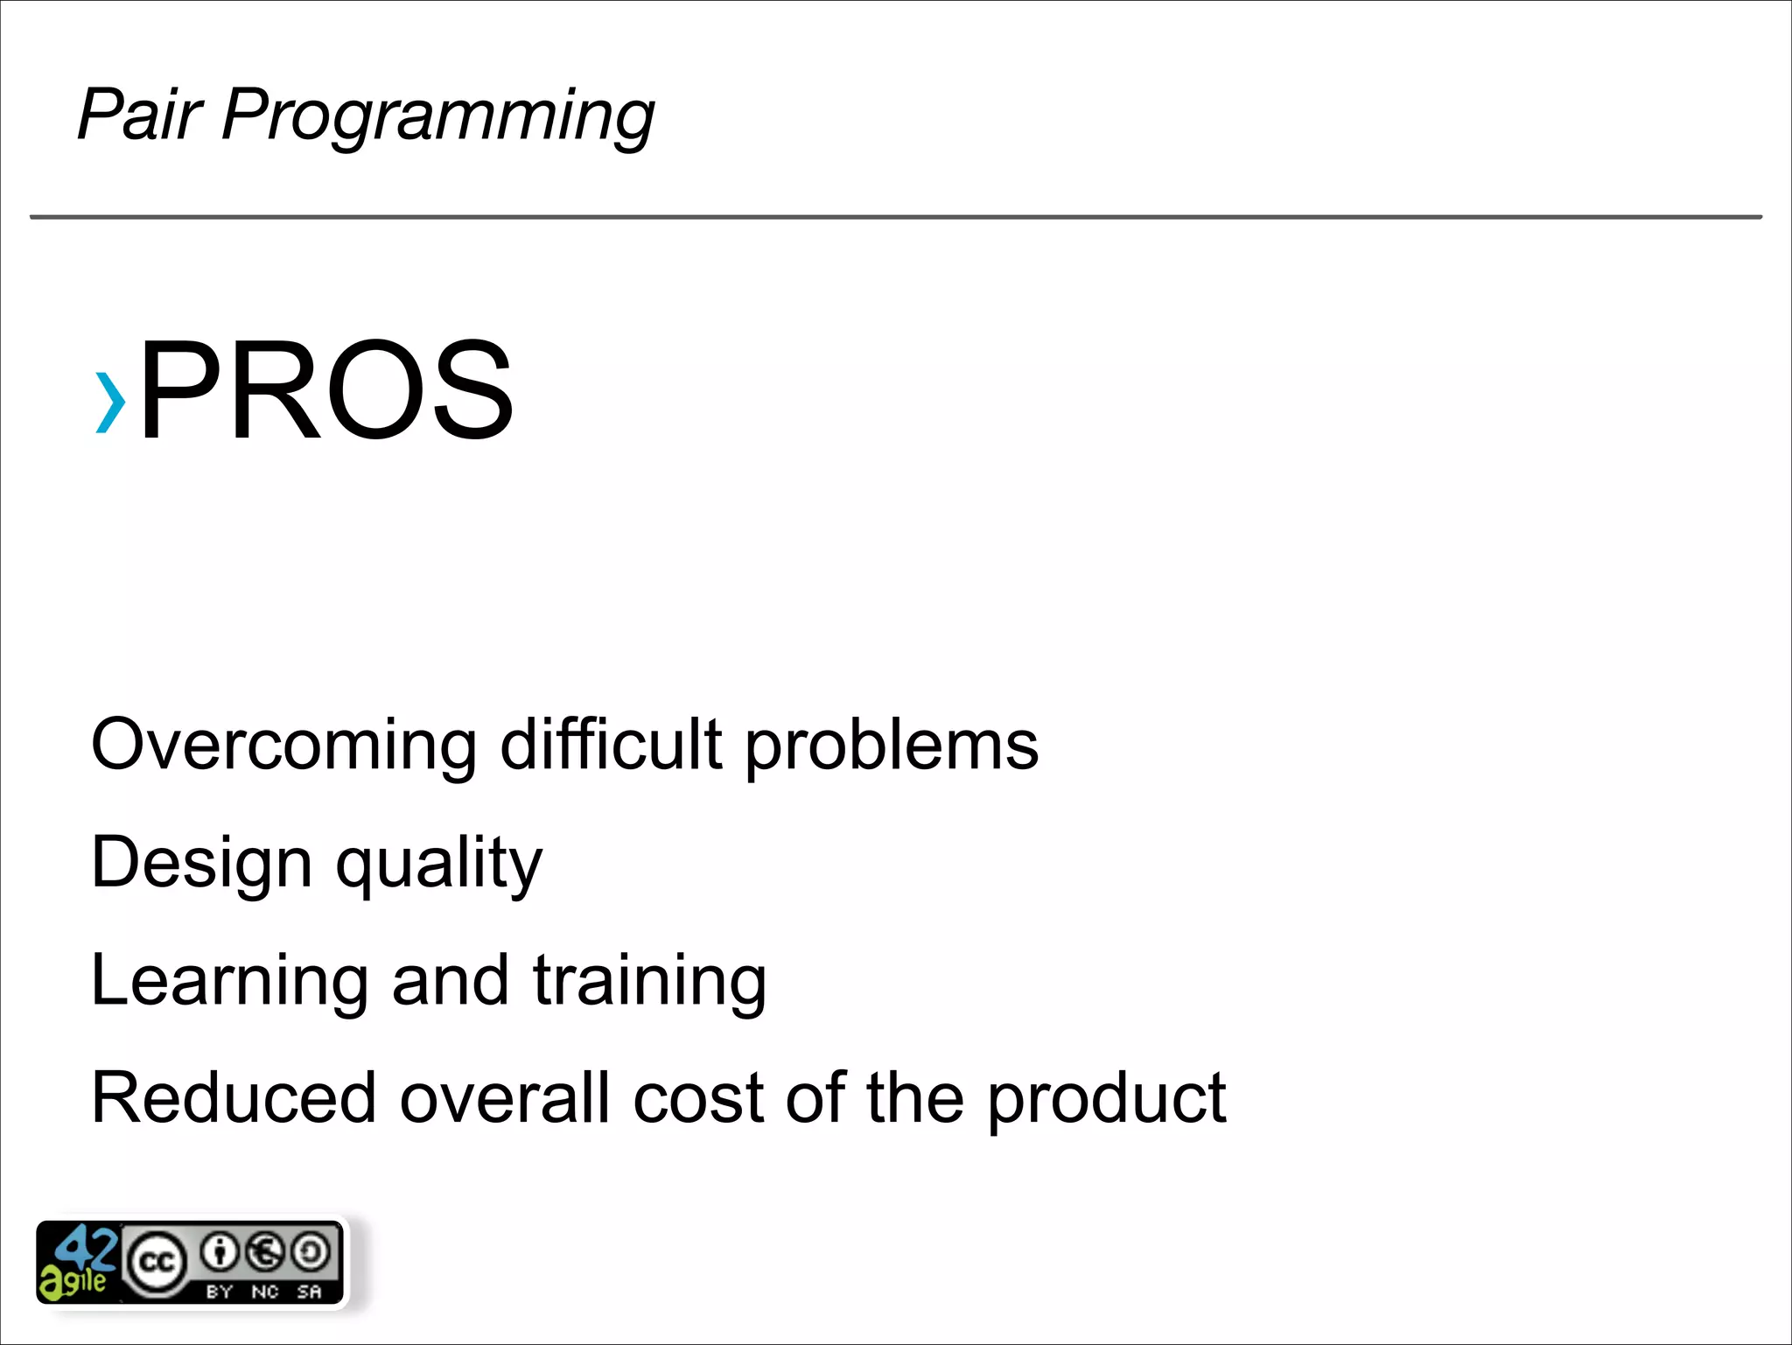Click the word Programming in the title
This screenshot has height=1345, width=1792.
[x=437, y=116]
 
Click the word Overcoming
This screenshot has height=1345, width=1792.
[x=283, y=746]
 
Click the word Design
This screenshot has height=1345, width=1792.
[x=201, y=863]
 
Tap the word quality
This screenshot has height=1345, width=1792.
[x=438, y=865]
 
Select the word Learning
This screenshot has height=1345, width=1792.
[x=229, y=981]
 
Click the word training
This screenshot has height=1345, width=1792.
[x=649, y=981]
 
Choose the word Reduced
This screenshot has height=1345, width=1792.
[x=234, y=1098]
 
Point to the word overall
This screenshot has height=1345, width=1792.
[x=505, y=1098]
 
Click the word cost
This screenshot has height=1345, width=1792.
[x=698, y=1099]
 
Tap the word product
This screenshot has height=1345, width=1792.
[x=1107, y=1101]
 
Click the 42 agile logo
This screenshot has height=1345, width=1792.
[x=77, y=1263]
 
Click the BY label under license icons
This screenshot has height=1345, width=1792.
[x=219, y=1292]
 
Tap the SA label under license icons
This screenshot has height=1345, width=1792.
[x=310, y=1292]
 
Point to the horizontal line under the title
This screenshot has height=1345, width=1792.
[x=896, y=217]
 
